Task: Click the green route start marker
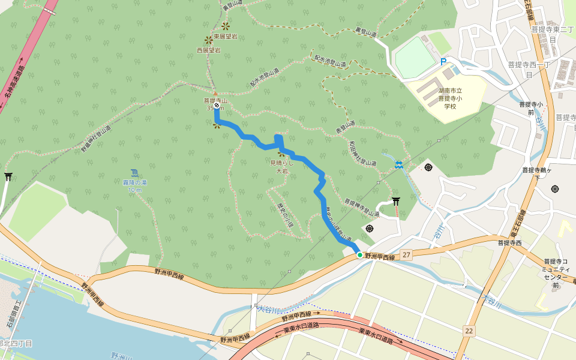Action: (360, 255)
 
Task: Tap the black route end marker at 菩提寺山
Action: (217, 105)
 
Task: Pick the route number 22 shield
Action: (469, 331)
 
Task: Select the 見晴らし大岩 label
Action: (281, 167)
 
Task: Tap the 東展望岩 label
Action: (225, 37)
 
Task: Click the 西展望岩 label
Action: (208, 50)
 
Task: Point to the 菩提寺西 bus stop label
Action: (509, 243)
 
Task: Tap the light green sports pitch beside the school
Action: (414, 58)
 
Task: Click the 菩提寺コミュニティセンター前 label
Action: (555, 273)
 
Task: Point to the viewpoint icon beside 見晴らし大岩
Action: (280, 154)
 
